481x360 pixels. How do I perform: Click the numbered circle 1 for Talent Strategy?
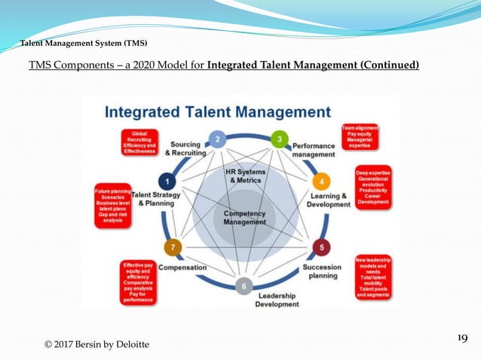[167, 182]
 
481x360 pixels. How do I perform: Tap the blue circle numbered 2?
[217, 139]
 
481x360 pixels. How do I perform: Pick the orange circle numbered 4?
[320, 182]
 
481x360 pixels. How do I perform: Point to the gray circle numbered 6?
[243, 285]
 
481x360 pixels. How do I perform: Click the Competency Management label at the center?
[245, 218]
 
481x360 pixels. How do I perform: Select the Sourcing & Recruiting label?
[185, 148]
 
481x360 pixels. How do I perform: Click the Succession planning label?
[322, 271]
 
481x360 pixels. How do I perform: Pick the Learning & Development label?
[329, 200]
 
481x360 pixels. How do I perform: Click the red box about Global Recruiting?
[139, 142]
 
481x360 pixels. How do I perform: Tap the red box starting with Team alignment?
[360, 136]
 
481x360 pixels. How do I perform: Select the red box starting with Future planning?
[112, 206]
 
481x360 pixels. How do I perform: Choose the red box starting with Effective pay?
[137, 282]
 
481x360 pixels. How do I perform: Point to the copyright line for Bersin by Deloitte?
[97, 344]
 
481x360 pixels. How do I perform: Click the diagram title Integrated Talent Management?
[217, 112]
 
